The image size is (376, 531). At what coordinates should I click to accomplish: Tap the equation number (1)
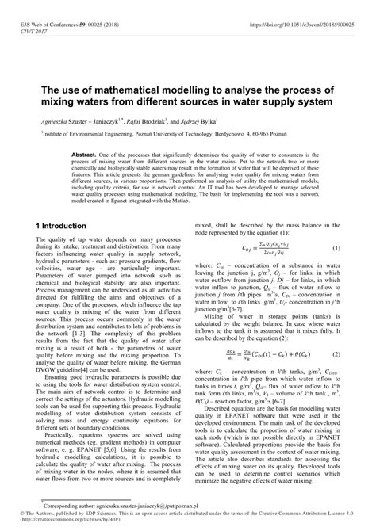336,270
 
